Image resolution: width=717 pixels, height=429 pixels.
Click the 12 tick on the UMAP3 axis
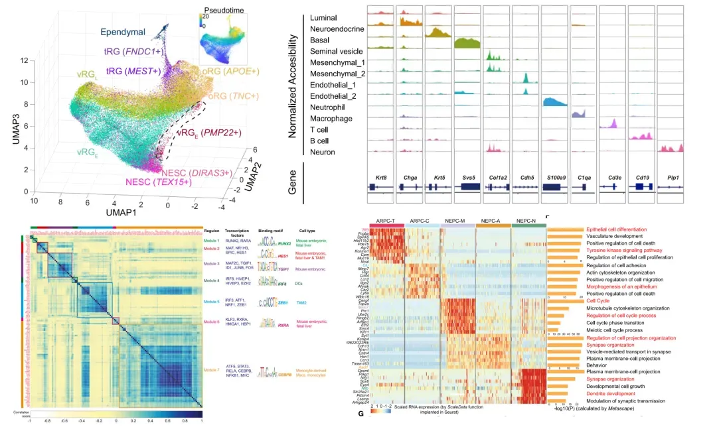(x=25, y=60)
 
